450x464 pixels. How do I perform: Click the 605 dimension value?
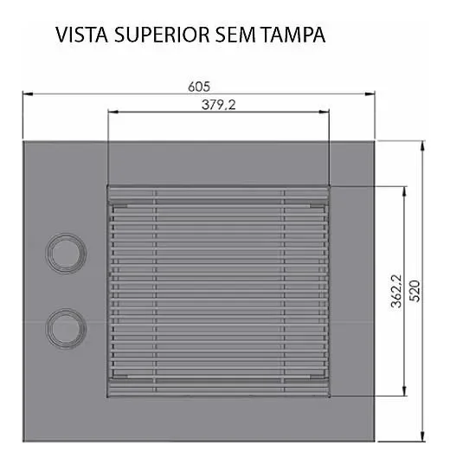click(x=198, y=86)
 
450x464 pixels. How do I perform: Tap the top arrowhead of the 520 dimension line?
click(x=421, y=145)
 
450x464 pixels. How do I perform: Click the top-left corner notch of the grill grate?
click(x=120, y=205)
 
